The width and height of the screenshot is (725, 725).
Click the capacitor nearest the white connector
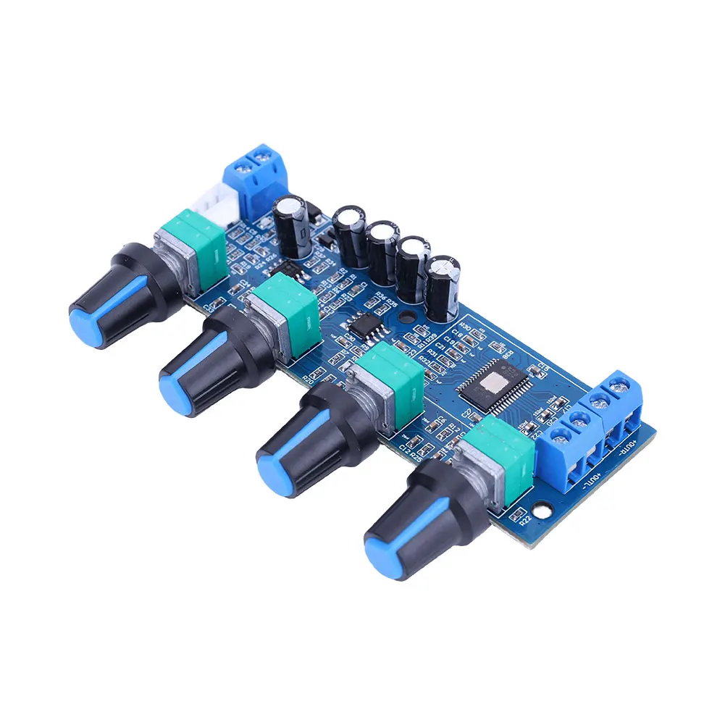click(x=293, y=226)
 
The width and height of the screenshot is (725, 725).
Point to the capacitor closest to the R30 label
click(x=443, y=287)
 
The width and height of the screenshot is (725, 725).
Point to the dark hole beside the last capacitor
click(x=405, y=319)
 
